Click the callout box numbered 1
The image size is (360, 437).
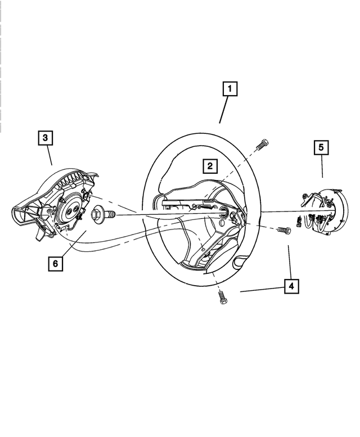[229, 89]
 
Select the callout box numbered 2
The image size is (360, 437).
[209, 166]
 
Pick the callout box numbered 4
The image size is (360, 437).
[291, 287]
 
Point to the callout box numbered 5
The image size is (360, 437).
[321, 147]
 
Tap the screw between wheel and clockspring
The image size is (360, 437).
[284, 229]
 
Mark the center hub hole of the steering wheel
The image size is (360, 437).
[223, 213]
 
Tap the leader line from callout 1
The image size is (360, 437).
[224, 110]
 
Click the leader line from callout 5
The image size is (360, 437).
[322, 166]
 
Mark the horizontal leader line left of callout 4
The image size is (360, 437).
[262, 290]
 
